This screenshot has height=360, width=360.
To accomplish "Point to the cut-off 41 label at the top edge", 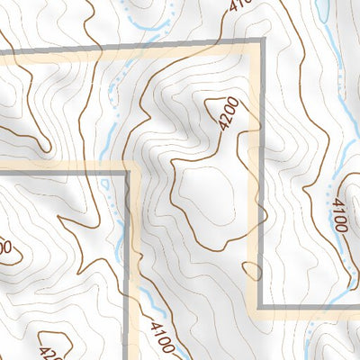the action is click(238, 5).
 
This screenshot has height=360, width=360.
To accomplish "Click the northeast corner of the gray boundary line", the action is click(262, 42).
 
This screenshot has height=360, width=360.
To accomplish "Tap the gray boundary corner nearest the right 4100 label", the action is click(262, 308).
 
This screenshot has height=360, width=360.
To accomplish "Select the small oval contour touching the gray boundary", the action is click(250, 268).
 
